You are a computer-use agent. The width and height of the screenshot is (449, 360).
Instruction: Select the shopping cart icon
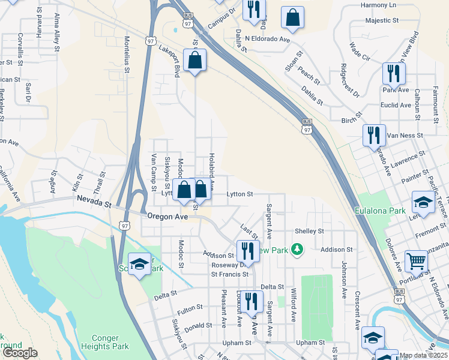[417, 261]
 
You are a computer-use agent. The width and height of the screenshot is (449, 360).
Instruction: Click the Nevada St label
[94, 204]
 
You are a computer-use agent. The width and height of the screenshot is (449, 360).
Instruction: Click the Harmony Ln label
[379, 5]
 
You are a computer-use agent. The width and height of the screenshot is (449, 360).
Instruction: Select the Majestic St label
[382, 20]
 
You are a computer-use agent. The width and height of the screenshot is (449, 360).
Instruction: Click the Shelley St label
[309, 231]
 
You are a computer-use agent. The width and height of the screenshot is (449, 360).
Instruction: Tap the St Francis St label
[229, 274]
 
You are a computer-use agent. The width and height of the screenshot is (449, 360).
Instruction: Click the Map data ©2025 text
[424, 355]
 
